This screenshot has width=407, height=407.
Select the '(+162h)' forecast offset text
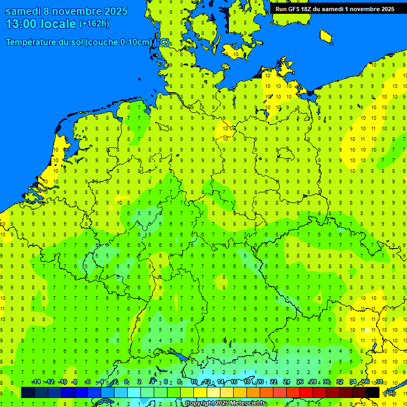pyautogui.click(x=94, y=23)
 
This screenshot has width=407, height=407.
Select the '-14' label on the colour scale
pyautogui.click(x=36, y=382)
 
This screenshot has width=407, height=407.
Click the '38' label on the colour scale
pyautogui.click(x=379, y=382)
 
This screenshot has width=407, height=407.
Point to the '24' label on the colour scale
pyautogui.click(x=287, y=382)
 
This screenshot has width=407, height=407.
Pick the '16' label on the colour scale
pyautogui.click(x=234, y=382)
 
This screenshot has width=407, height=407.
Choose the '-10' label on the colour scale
pyautogui.click(x=62, y=382)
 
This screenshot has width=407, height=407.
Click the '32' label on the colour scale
pyautogui.click(x=340, y=382)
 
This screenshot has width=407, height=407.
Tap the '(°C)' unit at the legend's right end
pyautogui.click(x=390, y=393)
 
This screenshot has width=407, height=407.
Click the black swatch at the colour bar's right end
pyautogui.click(x=373, y=392)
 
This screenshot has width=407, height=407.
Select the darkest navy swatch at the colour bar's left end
pyautogui.click(x=28, y=392)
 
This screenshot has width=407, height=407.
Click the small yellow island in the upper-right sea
pyautogui.click(x=326, y=36)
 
